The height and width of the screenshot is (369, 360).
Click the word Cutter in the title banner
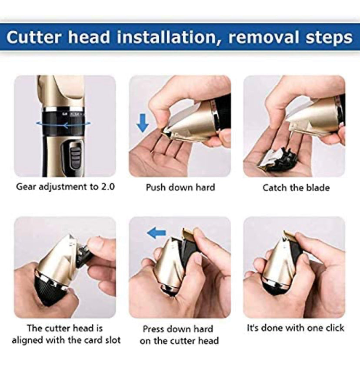point(34,37)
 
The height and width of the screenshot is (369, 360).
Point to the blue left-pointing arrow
point(156,234)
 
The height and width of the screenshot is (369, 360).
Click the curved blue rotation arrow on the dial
point(65,124)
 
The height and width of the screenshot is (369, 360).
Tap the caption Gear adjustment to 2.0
point(65,187)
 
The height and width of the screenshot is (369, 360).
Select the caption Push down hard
point(180,188)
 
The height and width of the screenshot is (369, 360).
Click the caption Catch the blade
point(296,188)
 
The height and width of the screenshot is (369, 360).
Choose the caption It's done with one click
point(295,328)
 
